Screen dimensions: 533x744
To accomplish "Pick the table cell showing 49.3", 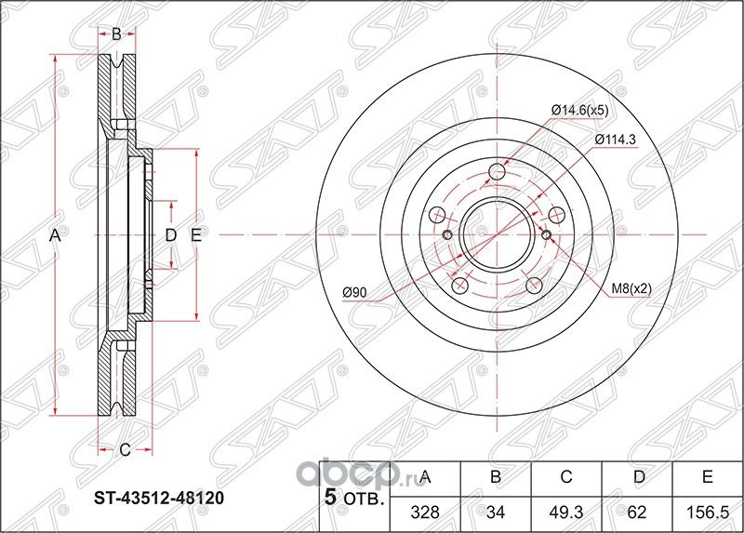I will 565,511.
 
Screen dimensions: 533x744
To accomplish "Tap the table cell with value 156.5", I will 706,511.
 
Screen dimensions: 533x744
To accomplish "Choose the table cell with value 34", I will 495,511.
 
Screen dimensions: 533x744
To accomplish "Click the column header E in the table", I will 706,478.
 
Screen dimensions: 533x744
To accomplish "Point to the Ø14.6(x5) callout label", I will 579,110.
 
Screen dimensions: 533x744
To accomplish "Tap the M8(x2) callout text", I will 631,289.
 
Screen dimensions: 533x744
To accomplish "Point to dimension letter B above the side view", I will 116,35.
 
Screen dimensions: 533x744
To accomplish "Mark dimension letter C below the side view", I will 123,451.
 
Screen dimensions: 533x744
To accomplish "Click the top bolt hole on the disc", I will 498,172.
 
